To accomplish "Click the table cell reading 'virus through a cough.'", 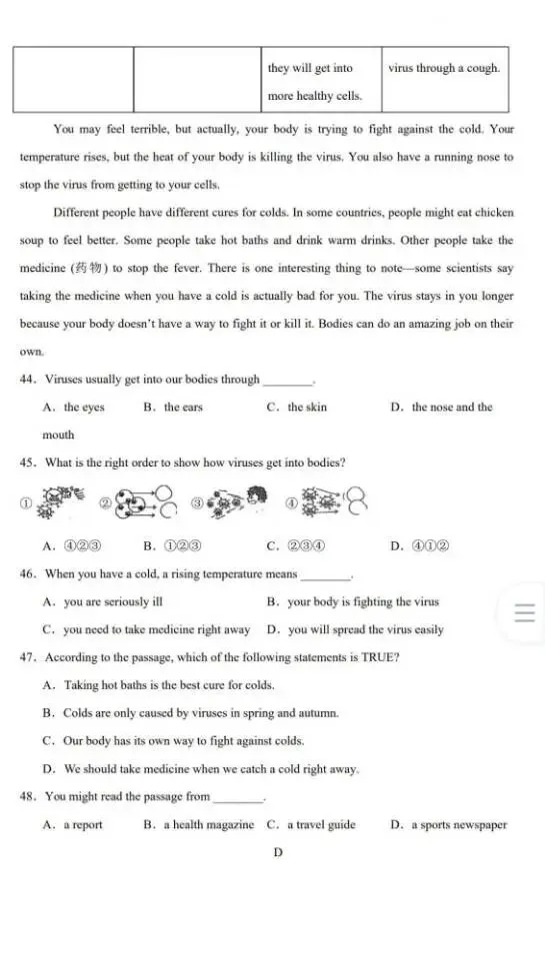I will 444,68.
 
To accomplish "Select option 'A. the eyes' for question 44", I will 74,408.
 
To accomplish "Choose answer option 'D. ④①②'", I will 419,546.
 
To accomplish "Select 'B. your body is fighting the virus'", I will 353,602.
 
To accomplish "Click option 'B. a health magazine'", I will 199,825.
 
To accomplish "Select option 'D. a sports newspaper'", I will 449,825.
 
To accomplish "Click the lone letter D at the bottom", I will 278,852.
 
